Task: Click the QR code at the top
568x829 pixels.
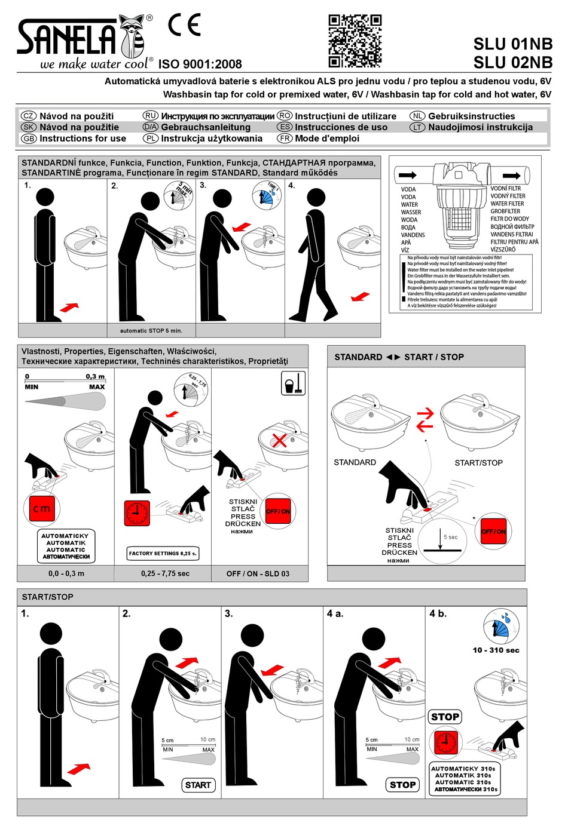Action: [x=355, y=41]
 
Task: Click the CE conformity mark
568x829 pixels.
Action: [x=184, y=25]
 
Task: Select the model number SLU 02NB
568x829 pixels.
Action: [x=512, y=62]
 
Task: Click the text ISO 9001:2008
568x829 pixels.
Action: [x=200, y=65]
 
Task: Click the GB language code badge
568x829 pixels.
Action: [x=29, y=139]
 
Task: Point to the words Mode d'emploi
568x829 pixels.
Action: [x=326, y=139]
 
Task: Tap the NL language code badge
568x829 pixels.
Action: [x=417, y=116]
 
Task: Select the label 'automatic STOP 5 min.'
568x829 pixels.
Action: [x=151, y=330]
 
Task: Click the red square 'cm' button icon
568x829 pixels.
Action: [x=41, y=509]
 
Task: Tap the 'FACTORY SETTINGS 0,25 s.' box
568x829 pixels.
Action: [x=163, y=553]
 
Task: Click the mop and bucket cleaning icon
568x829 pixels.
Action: [x=293, y=383]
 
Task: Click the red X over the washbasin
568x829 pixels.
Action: [x=279, y=441]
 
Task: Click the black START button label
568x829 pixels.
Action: [x=198, y=785]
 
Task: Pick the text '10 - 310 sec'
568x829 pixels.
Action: [x=496, y=650]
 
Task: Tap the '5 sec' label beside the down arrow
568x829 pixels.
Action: [x=450, y=537]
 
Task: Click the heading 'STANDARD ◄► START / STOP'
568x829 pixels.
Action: [x=399, y=357]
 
